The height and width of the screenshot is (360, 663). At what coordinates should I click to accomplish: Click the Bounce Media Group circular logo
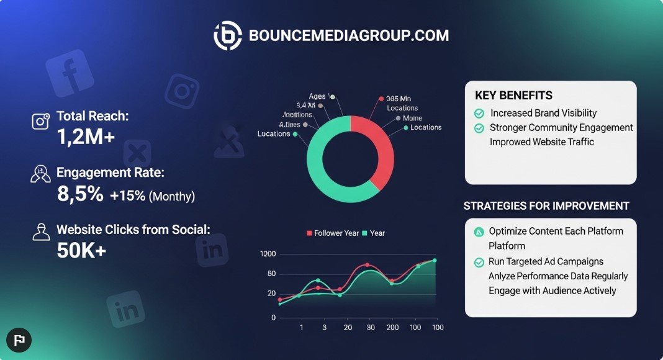[x=228, y=36]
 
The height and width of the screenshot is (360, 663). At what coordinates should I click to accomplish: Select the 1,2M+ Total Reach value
[x=86, y=137]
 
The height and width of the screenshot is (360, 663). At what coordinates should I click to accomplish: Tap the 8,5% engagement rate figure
[x=80, y=194]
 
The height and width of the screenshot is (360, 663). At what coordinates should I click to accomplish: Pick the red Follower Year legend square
[x=309, y=233]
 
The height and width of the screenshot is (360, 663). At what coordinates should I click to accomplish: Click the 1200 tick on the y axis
[x=268, y=254]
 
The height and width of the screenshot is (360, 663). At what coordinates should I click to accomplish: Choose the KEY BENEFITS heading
[x=513, y=96]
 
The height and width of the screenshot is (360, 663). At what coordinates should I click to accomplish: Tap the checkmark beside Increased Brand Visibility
[x=479, y=114]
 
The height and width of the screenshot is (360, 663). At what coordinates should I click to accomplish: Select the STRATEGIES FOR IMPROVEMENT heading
[x=546, y=206]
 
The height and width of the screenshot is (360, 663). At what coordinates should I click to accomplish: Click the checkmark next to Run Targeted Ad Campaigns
[x=479, y=262]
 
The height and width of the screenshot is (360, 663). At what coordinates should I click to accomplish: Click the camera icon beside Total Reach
[x=41, y=120]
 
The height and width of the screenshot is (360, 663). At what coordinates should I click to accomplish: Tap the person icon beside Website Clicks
[x=41, y=232]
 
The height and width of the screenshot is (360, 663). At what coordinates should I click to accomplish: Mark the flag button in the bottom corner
[x=19, y=340]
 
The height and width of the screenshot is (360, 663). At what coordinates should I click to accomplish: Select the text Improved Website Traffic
[x=542, y=142]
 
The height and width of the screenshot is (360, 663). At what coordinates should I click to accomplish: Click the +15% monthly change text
[x=128, y=196]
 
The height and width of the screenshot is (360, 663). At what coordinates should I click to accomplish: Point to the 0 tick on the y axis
[x=273, y=318]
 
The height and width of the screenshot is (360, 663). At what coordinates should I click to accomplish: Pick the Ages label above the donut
[x=317, y=96]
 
